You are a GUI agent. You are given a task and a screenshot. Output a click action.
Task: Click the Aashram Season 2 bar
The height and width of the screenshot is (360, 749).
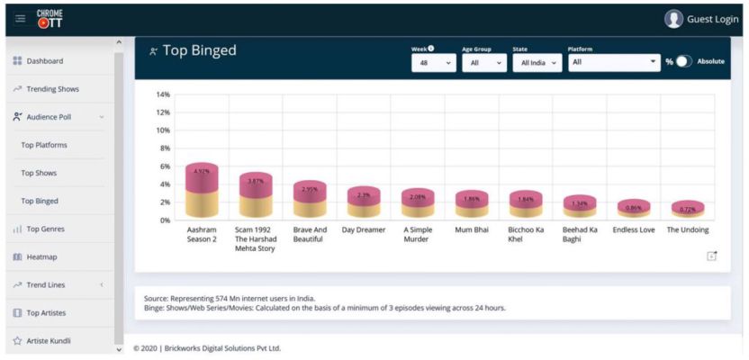click(x=202, y=191)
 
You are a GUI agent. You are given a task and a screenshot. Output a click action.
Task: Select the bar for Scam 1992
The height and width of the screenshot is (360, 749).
click(x=256, y=195)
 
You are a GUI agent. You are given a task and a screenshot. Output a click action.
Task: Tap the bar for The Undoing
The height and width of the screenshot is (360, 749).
click(x=688, y=209)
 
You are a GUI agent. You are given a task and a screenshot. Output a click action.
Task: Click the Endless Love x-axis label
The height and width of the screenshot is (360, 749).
click(x=634, y=230)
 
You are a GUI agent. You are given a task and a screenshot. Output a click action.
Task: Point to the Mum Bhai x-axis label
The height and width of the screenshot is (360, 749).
click(x=472, y=230)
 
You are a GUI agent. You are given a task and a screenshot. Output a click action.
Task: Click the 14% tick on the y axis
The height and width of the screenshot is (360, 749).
click(x=163, y=94)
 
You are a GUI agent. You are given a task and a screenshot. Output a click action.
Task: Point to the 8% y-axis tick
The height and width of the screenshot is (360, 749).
click(x=165, y=148)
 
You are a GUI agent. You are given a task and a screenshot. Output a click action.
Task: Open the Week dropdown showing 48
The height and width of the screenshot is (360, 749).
click(x=433, y=62)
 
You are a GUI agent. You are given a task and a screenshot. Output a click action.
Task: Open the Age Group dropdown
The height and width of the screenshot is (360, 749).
click(x=484, y=62)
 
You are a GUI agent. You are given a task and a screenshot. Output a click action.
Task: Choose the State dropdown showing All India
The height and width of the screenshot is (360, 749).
click(x=537, y=62)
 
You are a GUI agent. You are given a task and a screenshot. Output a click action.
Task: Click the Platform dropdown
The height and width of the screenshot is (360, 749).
click(x=614, y=62)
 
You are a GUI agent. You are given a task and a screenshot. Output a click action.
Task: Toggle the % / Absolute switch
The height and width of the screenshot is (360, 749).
click(x=684, y=62)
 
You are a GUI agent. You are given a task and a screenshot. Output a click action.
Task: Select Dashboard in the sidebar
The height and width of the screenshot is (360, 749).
click(x=44, y=61)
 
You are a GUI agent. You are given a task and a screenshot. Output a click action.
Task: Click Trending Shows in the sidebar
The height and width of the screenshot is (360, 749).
click(x=52, y=89)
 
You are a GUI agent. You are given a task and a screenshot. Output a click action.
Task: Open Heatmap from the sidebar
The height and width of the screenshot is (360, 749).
click(x=41, y=256)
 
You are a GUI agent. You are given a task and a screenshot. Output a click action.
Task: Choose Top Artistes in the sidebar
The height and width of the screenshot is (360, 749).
click(x=46, y=312)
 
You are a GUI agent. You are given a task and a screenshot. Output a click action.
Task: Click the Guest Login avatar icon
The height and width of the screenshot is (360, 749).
click(x=673, y=19)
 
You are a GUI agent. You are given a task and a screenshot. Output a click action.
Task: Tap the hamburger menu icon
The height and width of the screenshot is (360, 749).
click(x=20, y=19)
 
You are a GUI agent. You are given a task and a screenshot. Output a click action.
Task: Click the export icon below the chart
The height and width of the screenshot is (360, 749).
click(x=711, y=256)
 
